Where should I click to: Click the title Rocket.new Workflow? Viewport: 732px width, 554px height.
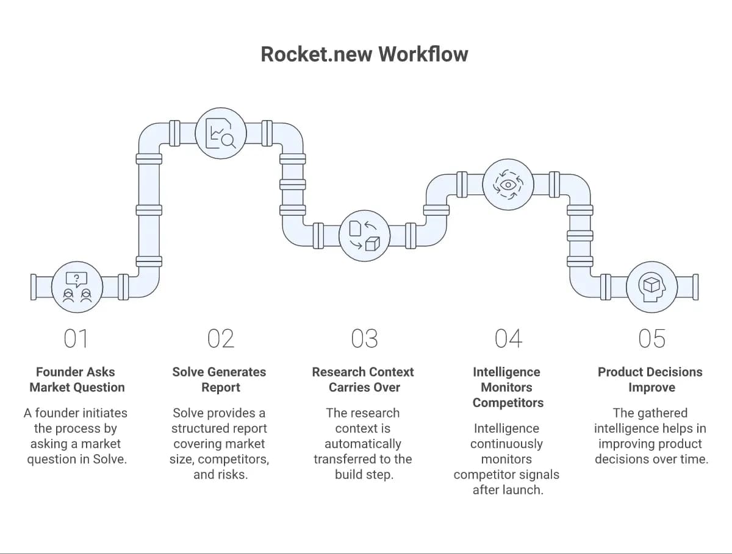coord(364,54)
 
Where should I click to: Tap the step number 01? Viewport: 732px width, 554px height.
coord(76,338)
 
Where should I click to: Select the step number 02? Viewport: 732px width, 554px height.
coord(221,338)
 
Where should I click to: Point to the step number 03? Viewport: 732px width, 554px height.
coord(365,338)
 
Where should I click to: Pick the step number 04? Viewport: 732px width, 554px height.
coord(508,338)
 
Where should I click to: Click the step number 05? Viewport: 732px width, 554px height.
coord(652,338)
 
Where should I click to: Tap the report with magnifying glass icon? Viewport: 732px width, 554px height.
coord(221,133)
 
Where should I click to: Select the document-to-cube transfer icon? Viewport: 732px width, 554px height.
coord(365,236)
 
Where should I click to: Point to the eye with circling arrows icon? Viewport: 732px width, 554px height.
coord(508,185)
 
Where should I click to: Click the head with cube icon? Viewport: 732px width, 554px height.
coord(652,287)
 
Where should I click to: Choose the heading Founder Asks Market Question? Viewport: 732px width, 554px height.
coord(77,380)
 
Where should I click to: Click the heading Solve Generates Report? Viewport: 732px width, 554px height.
coord(220,380)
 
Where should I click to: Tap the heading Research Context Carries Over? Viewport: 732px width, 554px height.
coord(363,380)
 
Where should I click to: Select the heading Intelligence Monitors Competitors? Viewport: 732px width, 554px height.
coord(508,387)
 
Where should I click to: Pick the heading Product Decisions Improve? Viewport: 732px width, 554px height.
coord(650,380)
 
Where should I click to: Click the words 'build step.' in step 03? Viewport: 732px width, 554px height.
coord(364,474)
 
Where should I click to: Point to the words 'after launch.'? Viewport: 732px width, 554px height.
coord(508,490)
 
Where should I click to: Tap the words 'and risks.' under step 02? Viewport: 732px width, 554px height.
coord(220,474)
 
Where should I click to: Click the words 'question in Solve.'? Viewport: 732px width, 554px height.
coord(77,459)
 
